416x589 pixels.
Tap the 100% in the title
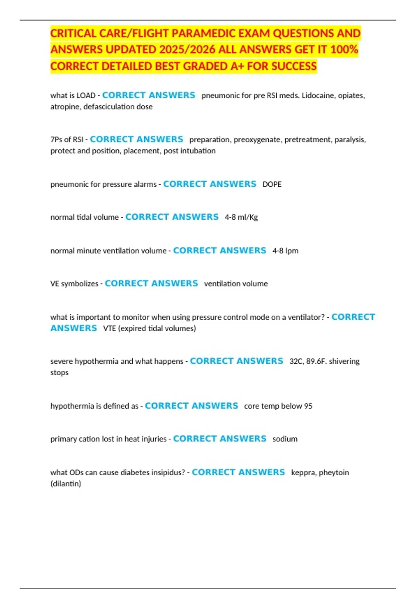[x=344, y=50]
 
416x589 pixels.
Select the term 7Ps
[x=56, y=140]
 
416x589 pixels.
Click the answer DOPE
[x=272, y=184]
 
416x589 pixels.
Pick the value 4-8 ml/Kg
[x=241, y=217]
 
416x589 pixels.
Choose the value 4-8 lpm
[x=285, y=251]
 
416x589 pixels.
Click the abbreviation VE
[x=55, y=284]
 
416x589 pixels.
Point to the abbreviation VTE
[x=110, y=328]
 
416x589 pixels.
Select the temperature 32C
[x=296, y=361]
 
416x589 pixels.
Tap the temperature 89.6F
[x=316, y=361]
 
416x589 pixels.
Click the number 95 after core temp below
[x=308, y=406]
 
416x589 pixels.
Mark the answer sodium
[x=285, y=439]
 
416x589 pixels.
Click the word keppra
[x=303, y=473]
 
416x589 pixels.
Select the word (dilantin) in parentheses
[x=66, y=484]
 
